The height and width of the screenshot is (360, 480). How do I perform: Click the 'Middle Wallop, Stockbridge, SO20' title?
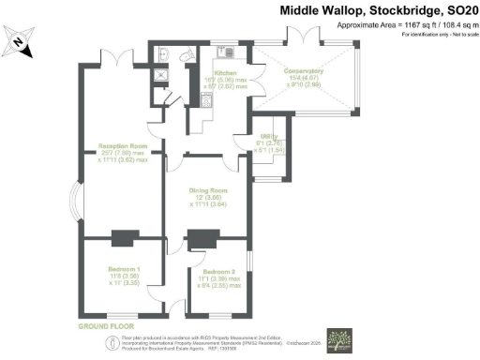click(378, 9)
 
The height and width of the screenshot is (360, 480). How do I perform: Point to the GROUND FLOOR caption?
click(103, 326)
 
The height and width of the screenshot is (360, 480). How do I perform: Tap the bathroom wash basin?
click(164, 52)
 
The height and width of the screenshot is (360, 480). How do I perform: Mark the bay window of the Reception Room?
click(79, 199)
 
